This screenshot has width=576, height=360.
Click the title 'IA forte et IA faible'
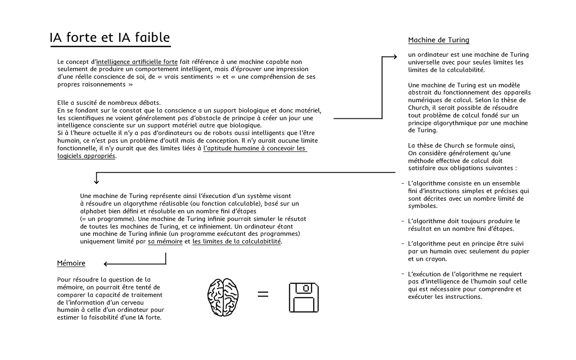110,37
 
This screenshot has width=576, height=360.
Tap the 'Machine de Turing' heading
438,40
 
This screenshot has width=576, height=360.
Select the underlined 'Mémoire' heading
71,263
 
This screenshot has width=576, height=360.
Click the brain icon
223,297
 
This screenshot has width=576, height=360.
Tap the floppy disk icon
303,297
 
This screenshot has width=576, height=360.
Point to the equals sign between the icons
263,294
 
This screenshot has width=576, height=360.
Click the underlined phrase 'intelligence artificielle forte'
137,62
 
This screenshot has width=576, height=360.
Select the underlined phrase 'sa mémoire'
165,242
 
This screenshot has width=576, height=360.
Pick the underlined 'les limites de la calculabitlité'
237,242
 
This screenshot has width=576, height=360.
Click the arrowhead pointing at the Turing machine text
395,57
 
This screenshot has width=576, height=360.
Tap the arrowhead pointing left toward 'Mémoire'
106,264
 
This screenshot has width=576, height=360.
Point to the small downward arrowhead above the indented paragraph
96,181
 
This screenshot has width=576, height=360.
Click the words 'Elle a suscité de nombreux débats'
109,103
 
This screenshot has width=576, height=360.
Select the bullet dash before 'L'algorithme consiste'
403,184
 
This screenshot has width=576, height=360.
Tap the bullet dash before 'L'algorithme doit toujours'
403,221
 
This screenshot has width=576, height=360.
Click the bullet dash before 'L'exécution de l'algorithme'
403,274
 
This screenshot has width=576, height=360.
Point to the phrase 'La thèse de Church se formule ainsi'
461,145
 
